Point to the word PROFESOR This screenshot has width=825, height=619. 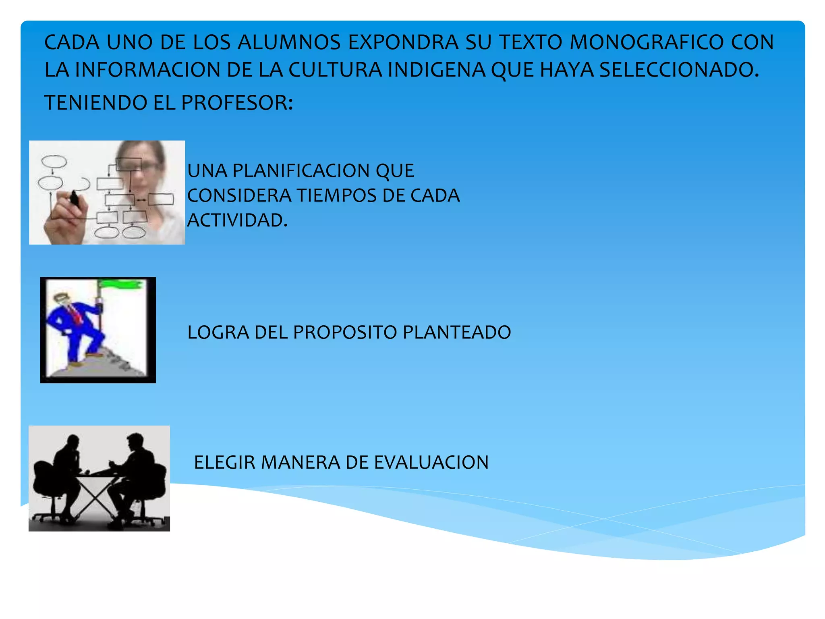tap(236, 103)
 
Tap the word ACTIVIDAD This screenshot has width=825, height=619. tap(237, 220)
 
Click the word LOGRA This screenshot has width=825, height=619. tap(218, 332)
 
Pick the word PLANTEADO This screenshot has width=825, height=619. tap(457, 332)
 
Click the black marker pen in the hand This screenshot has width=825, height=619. tap(75, 198)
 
